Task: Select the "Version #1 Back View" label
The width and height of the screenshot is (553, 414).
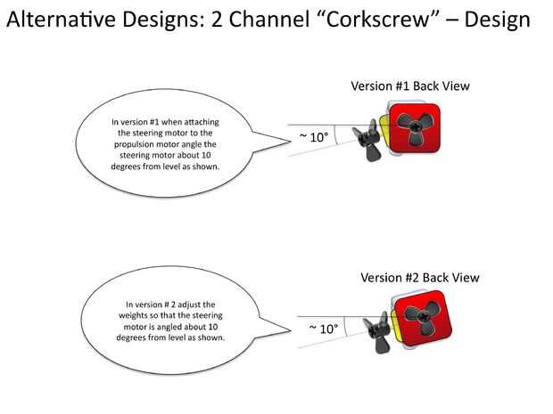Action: pyautogui.click(x=409, y=86)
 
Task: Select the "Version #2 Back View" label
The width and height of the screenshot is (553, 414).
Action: pyautogui.click(x=419, y=278)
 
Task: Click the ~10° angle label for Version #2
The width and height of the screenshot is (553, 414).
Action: pyautogui.click(x=324, y=329)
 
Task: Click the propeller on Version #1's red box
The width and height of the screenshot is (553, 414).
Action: pyautogui.click(x=415, y=129)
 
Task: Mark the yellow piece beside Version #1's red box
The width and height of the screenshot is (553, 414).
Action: pyautogui.click(x=384, y=125)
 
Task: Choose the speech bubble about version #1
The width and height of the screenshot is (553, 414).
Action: pyautogui.click(x=165, y=142)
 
